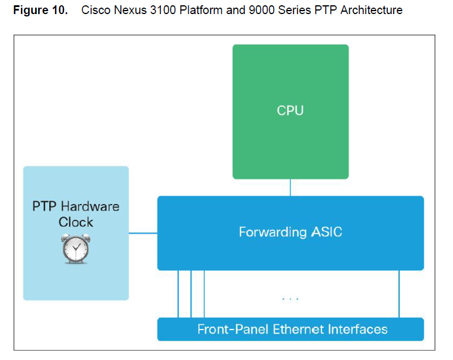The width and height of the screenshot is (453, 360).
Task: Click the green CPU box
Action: (290, 111)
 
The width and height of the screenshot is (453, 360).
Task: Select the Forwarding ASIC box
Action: (290, 233)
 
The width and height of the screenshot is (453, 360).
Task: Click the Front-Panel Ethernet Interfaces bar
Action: (290, 329)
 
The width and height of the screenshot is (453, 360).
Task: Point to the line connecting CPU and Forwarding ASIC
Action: (290, 187)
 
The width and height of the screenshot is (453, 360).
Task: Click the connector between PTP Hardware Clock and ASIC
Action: (143, 233)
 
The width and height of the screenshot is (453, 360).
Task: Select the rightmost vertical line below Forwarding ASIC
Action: (399, 294)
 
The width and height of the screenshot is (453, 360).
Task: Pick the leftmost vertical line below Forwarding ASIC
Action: (178, 294)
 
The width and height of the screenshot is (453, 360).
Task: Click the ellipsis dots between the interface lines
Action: (290, 299)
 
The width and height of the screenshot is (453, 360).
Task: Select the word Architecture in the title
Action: (372, 11)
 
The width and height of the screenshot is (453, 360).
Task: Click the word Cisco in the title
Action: (94, 11)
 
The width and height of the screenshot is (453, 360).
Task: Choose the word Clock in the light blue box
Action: (76, 222)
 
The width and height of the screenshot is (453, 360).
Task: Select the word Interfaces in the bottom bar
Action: (358, 329)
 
